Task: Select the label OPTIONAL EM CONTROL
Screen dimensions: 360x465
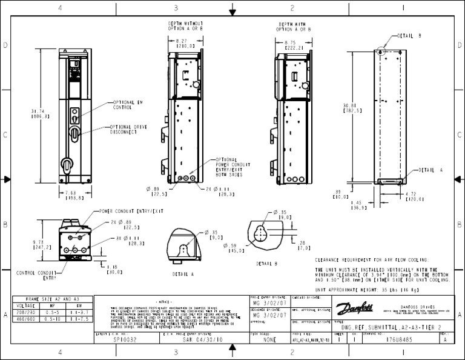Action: (x=127, y=105)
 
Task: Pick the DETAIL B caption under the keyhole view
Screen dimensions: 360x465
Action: (x=266, y=264)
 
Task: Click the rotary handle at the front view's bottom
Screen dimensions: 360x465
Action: (x=67, y=163)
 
